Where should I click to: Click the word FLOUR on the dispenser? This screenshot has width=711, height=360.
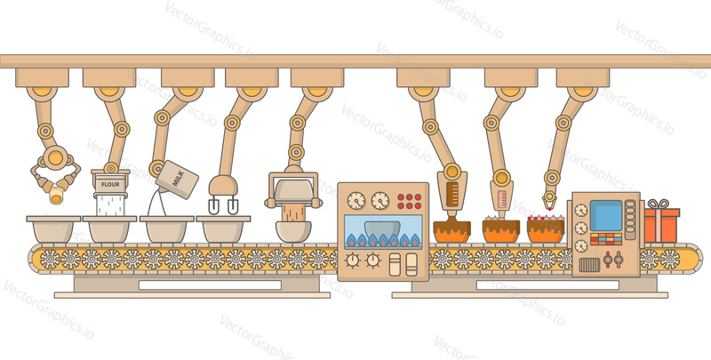tap(110, 185)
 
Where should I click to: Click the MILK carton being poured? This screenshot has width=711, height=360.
tap(177, 180)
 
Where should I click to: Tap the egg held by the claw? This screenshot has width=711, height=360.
tap(56, 196)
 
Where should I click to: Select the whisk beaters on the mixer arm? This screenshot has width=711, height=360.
tap(223, 207)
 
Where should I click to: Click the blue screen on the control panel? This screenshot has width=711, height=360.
tap(605, 215)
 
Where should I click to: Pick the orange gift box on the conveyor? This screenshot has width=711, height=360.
tap(661, 226)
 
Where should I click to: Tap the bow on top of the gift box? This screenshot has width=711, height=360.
tap(658, 204)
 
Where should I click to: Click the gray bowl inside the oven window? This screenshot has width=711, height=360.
tap(382, 230)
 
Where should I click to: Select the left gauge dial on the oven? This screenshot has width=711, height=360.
tap(356, 200)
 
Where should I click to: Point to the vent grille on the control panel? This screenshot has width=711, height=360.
tap(589, 264)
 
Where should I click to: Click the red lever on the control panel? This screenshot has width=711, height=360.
tap(608, 260)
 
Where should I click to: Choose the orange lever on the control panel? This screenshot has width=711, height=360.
tap(618, 260)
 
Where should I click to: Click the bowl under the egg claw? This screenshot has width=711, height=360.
tap(53, 229)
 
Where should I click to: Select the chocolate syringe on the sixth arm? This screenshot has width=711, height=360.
tap(452, 195)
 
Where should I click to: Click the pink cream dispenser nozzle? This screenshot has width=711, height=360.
tap(501, 198)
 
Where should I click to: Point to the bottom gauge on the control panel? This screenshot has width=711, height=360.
tap(581, 246)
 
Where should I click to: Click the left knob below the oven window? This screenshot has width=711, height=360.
tap(352, 260)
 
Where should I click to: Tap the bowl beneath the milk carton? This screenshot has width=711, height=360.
tap(166, 229)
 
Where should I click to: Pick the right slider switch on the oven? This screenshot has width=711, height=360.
tap(411, 264)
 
